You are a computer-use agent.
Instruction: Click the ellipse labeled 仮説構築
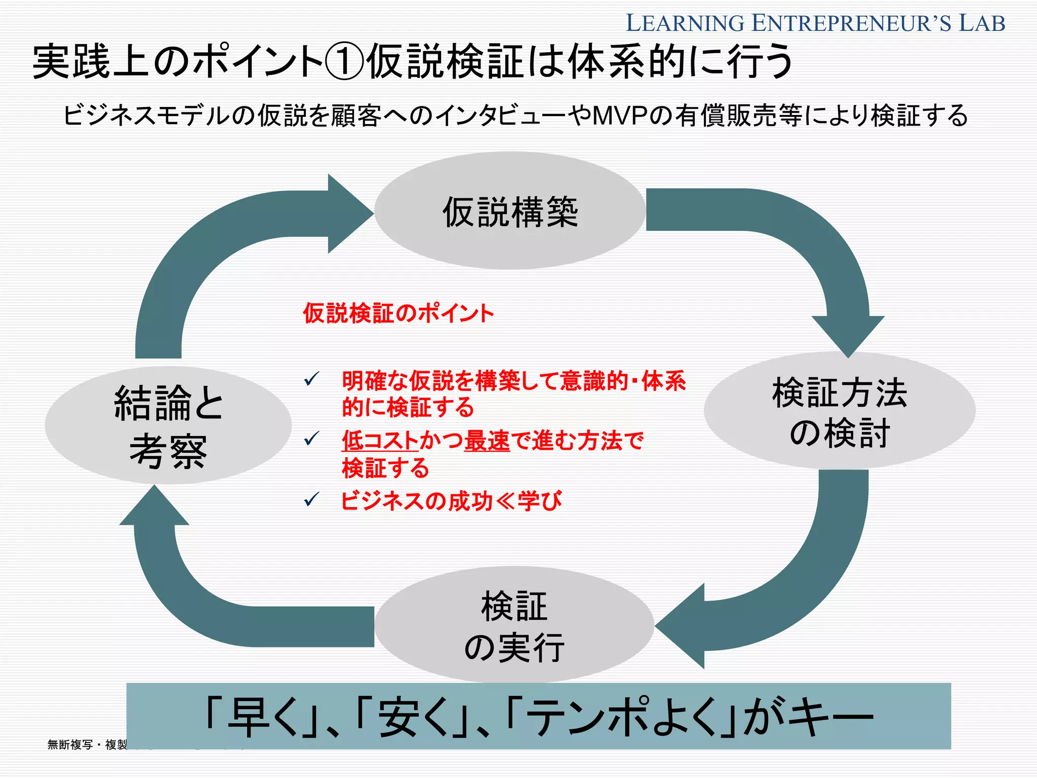pyautogui.click(x=509, y=211)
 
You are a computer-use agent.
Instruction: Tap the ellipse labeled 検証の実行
pyautogui.click(x=514, y=625)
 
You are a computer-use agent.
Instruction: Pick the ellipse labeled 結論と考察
pyautogui.click(x=168, y=425)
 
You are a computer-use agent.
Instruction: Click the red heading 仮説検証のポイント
pyautogui.click(x=398, y=314)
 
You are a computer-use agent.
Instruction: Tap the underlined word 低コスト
pyautogui.click(x=380, y=440)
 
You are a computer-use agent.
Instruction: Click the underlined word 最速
pyautogui.click(x=487, y=440)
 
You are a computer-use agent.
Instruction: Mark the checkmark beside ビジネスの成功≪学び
pyautogui.click(x=311, y=500)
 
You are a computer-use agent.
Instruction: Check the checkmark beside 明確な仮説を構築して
pyautogui.click(x=311, y=378)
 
